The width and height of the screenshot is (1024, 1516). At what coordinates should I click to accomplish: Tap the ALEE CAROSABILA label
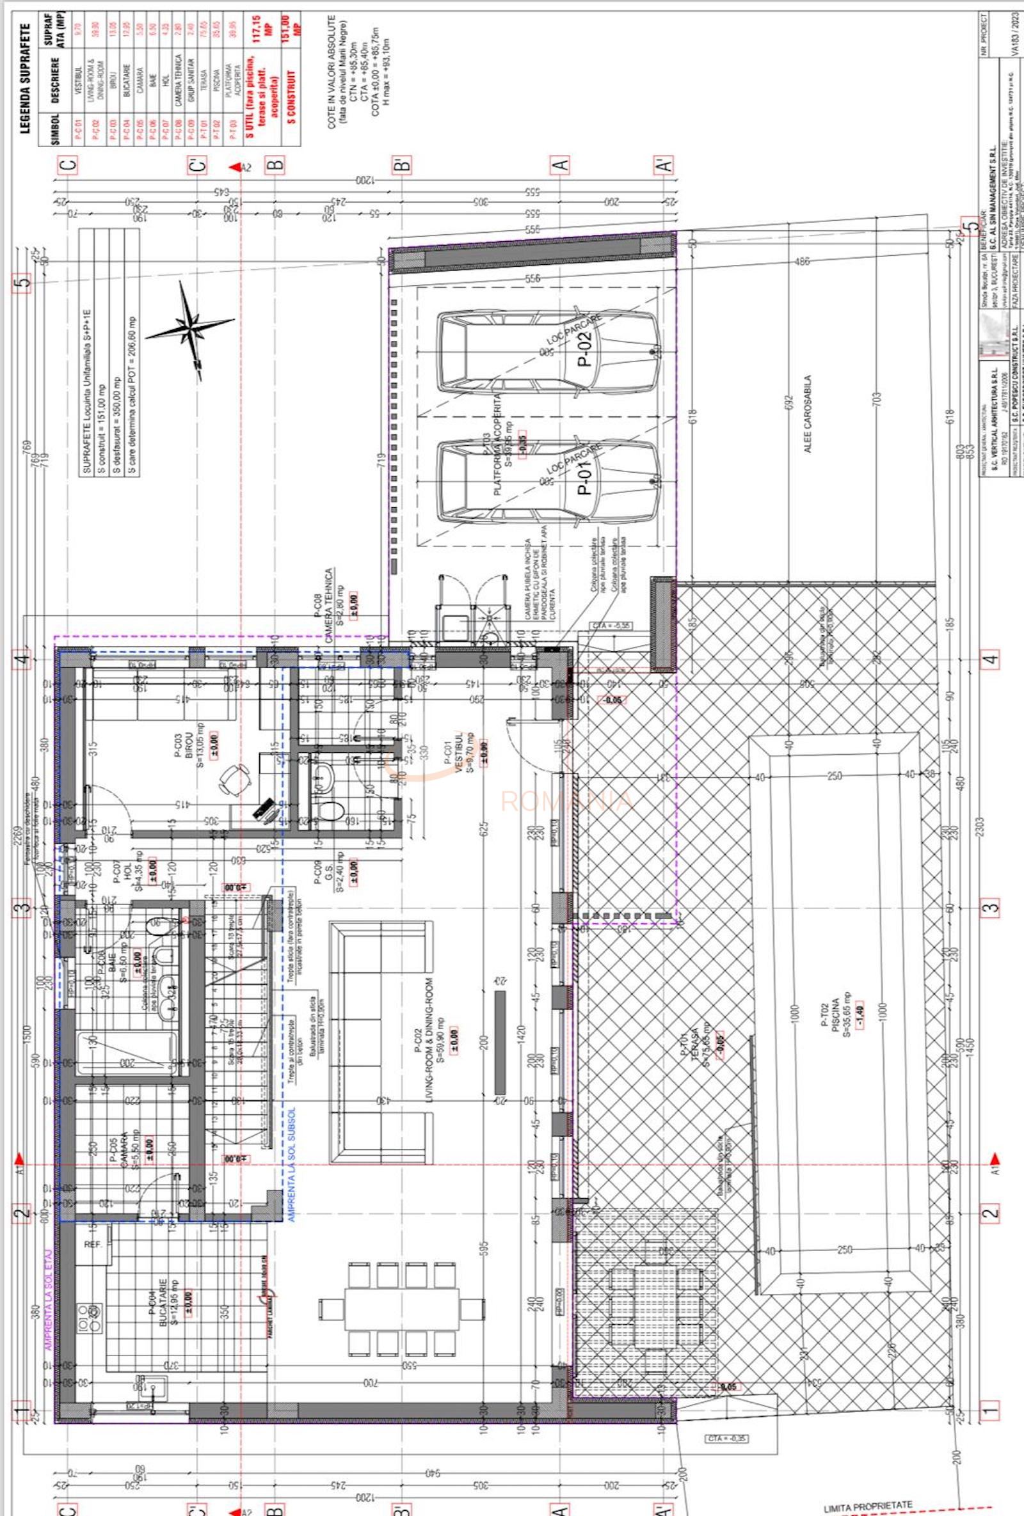click(x=806, y=414)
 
